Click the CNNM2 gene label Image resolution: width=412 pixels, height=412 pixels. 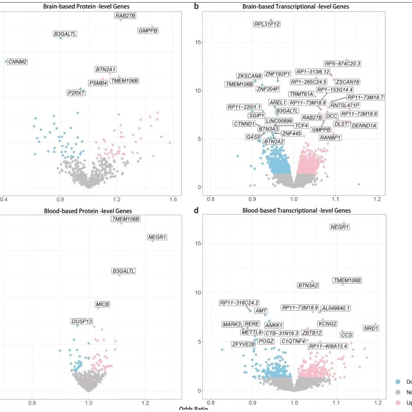(17, 62)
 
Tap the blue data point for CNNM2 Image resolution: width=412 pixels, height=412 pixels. (6, 61)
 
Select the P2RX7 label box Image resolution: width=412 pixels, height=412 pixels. (76, 93)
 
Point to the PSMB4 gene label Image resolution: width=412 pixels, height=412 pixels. (98, 83)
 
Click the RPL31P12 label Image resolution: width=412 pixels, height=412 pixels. (267, 24)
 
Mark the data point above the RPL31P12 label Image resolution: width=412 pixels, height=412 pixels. (271, 20)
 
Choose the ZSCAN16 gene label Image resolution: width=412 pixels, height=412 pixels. (347, 82)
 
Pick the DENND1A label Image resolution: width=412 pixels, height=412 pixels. (364, 126)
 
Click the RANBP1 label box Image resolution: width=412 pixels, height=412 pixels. (330, 138)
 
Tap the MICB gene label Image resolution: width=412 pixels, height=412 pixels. (102, 304)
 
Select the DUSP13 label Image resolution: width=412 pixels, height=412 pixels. (82, 321)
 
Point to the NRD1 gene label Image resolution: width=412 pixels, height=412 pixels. (371, 328)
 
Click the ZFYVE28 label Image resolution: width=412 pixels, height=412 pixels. (244, 344)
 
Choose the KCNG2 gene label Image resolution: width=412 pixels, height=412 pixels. (327, 324)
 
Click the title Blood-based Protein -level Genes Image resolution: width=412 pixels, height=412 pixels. (88, 211)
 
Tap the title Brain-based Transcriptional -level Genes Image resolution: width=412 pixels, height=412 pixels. (295, 6)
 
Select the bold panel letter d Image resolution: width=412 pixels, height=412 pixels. (196, 210)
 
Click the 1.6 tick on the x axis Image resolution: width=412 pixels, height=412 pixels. (173, 199)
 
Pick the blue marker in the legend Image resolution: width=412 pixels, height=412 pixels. (398, 382)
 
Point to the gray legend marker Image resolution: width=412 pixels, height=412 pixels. (398, 392)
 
